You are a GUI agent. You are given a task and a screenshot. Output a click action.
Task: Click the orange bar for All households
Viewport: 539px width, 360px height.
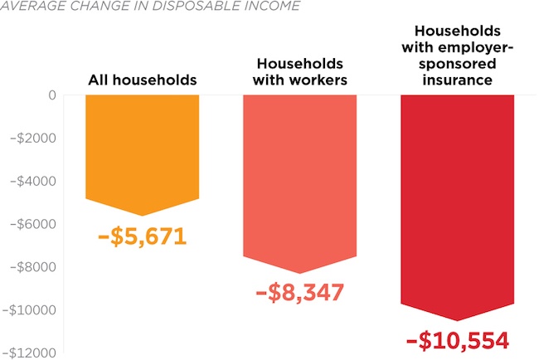[142, 149]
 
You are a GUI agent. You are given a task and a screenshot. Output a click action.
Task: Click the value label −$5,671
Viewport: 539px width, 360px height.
[142, 236]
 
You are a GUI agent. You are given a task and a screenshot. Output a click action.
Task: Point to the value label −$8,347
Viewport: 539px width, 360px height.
[300, 292]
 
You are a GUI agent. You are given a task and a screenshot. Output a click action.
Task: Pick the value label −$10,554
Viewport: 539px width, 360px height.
[457, 341]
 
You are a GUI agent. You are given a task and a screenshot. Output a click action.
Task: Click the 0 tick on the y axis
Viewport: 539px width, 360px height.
[51, 95]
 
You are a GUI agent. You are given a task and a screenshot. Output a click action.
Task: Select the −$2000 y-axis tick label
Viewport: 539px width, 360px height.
[32, 138]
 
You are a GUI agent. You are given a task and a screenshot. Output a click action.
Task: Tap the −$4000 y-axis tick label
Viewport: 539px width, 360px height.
[32, 181]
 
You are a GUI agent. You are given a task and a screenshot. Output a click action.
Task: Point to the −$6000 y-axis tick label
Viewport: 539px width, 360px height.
[32, 224]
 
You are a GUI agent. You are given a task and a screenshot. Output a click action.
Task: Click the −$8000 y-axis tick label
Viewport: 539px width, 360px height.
[32, 267]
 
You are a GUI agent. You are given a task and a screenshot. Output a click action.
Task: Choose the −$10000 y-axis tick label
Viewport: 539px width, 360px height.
[29, 310]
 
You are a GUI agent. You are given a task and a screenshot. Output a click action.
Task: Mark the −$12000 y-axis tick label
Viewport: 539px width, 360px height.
[29, 353]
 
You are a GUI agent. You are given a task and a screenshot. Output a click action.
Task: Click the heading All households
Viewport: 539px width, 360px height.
[142, 80]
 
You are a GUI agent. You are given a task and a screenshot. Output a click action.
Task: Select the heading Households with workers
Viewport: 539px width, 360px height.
[300, 72]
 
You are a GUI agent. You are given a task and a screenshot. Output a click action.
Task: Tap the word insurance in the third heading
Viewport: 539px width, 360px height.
[457, 80]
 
